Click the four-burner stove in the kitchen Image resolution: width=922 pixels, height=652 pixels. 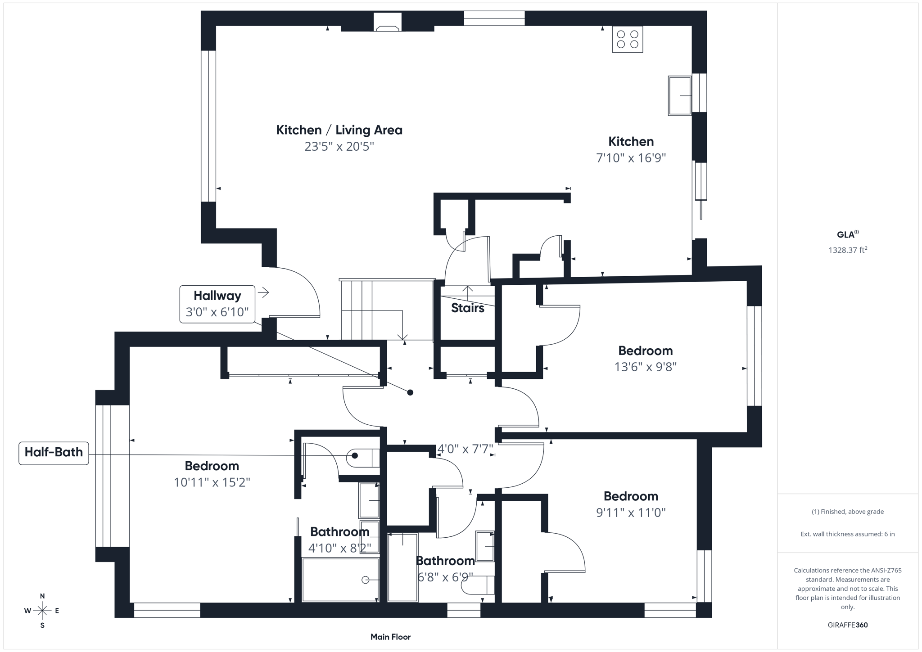point(627,39)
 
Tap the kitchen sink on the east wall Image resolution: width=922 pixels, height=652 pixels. point(679,96)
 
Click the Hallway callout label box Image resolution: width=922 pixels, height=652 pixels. point(217,304)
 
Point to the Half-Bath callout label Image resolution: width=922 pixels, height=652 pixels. point(54,453)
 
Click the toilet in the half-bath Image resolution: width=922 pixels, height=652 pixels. point(363,458)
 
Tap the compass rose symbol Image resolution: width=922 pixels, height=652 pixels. point(42,611)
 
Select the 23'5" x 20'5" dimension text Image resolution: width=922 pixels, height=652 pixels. point(339,147)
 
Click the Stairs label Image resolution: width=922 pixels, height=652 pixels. point(467,308)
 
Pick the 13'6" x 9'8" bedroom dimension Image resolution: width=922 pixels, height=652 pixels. point(645,367)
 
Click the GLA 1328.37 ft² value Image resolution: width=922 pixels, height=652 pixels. point(847,250)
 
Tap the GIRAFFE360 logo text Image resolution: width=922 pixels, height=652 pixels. point(847,625)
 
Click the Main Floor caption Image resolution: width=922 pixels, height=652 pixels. point(390,637)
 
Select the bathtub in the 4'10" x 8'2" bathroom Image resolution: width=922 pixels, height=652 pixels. point(340,580)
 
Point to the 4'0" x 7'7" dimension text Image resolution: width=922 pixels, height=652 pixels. point(465,449)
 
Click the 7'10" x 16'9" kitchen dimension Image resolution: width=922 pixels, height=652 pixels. point(631,158)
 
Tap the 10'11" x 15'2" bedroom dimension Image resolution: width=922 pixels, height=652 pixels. point(212,482)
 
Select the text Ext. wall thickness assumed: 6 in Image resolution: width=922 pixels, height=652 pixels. point(847,534)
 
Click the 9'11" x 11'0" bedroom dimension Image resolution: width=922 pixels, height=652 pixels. point(631,513)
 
